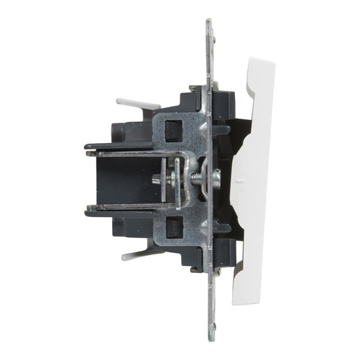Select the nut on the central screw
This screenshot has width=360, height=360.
click(x=208, y=179)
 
